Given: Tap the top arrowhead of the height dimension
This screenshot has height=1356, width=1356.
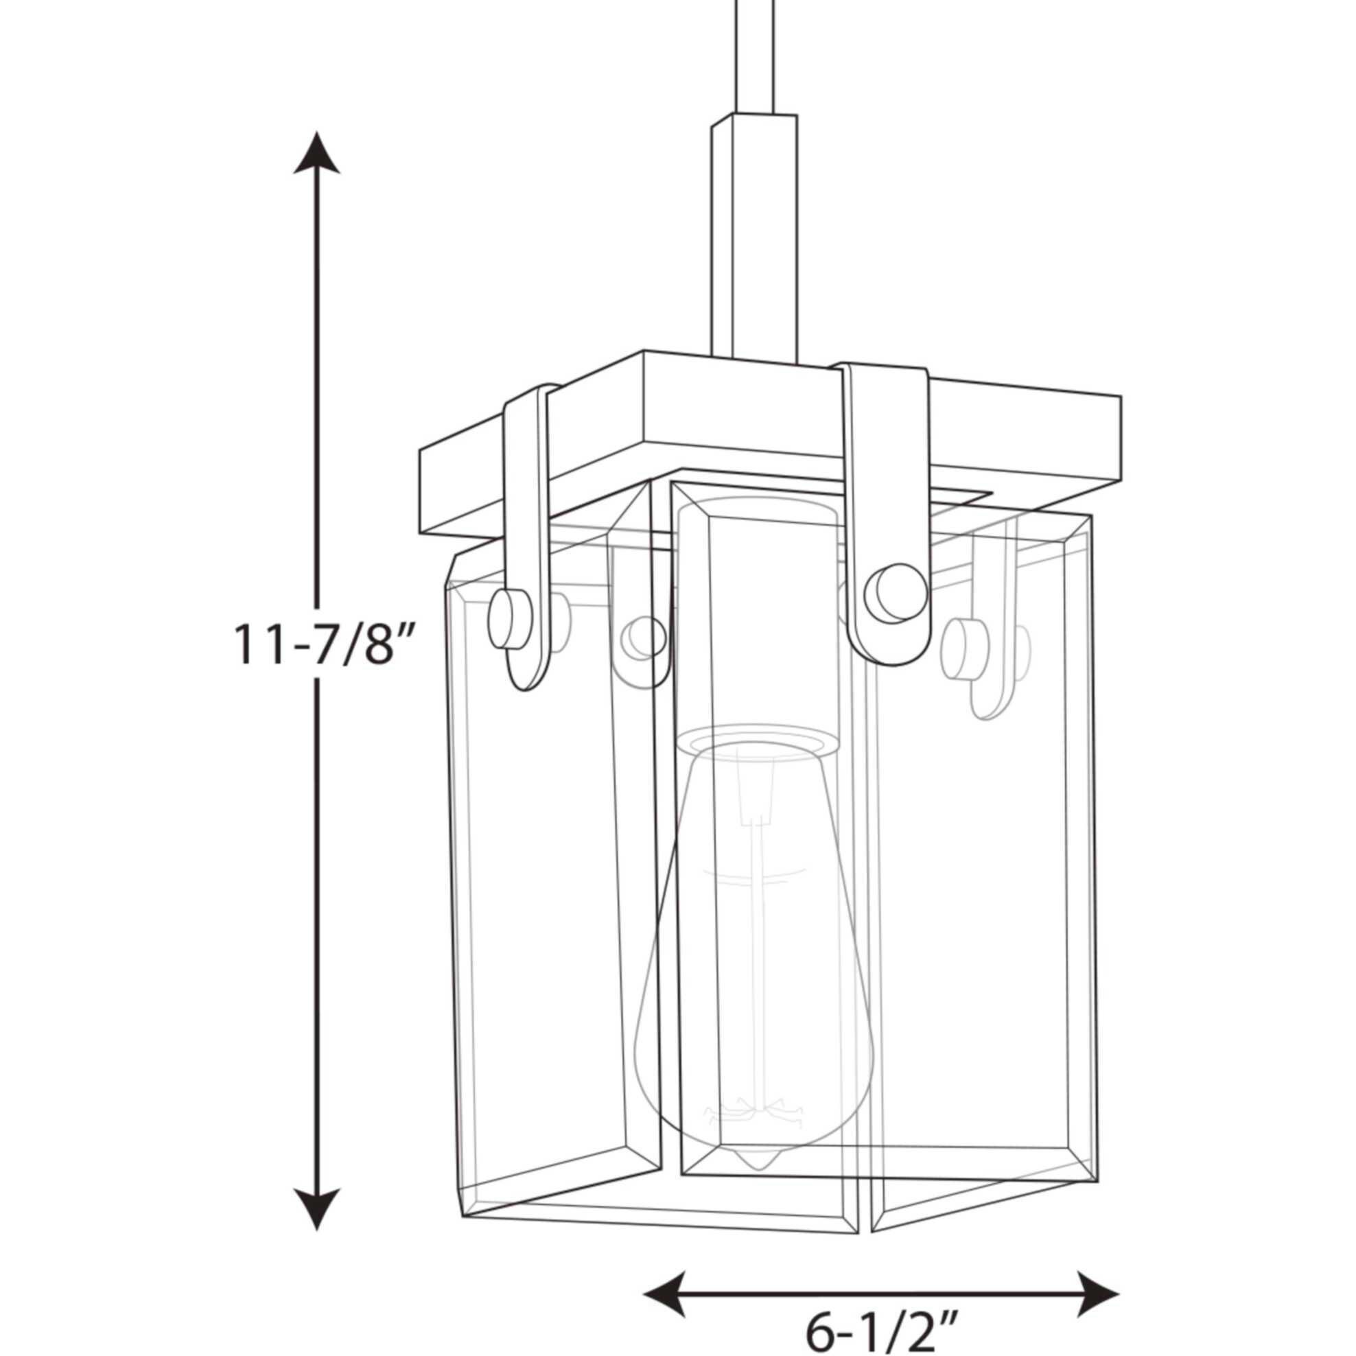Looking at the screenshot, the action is point(316,152).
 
